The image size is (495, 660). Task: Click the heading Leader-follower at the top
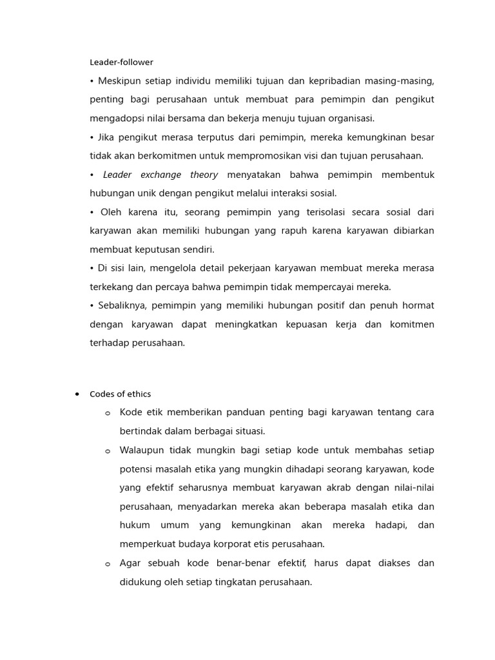click(121, 63)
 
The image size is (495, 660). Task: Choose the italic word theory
click(204, 175)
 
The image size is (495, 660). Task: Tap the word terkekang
click(112, 287)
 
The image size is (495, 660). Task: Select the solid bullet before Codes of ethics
click(77, 394)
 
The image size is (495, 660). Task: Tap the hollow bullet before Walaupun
click(108, 451)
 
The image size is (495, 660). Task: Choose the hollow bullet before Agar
click(108, 564)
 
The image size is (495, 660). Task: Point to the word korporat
click(218, 543)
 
